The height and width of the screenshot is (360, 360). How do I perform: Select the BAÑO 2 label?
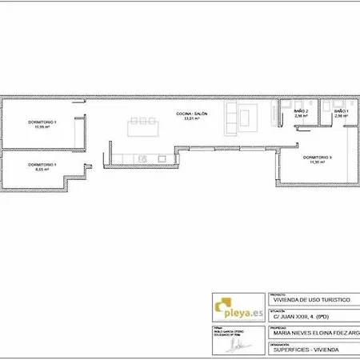[302, 110]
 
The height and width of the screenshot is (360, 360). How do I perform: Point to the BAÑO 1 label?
[342, 110]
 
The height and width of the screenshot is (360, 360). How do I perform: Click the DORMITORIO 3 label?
[317, 157]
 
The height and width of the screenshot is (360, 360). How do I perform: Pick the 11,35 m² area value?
[317, 162]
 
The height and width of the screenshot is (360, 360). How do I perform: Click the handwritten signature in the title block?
[237, 346]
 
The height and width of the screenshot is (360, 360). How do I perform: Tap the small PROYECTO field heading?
[279, 294]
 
